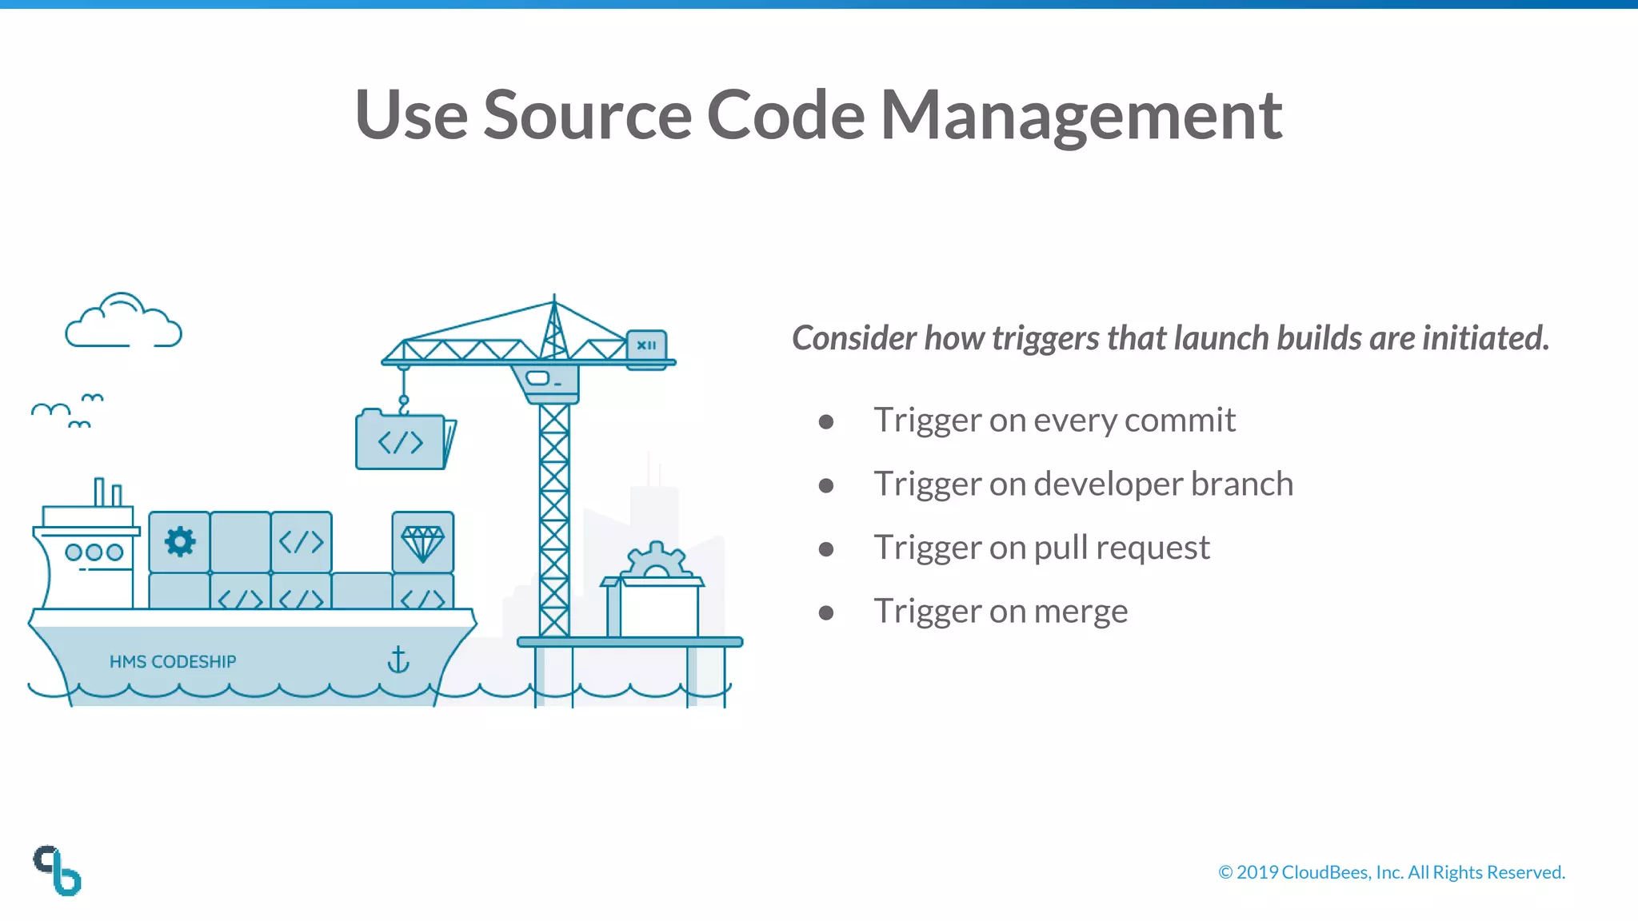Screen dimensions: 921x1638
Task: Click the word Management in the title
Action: click(1081, 116)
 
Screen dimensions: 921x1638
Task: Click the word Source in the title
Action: click(586, 116)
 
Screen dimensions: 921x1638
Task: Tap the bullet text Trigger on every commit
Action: click(1054, 421)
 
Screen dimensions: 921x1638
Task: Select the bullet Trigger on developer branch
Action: click(1083, 484)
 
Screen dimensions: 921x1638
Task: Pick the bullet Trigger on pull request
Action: click(1041, 548)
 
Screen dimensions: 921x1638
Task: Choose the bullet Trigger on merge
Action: click(1000, 612)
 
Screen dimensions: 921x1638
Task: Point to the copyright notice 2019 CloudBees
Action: click(1391, 872)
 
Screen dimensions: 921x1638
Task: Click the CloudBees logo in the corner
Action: click(58, 871)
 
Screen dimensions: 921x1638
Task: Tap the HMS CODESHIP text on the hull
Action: click(173, 662)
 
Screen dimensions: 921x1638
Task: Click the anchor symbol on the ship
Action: click(398, 660)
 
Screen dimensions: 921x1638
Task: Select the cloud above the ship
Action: click(122, 322)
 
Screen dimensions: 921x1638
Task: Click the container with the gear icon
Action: click(180, 542)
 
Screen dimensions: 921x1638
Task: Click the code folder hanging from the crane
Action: click(402, 441)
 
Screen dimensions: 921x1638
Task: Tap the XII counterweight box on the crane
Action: click(646, 345)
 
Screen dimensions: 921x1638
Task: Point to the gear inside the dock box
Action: click(656, 560)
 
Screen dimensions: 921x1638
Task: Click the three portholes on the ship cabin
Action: click(94, 552)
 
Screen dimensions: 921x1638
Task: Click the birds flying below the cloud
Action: click(68, 410)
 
